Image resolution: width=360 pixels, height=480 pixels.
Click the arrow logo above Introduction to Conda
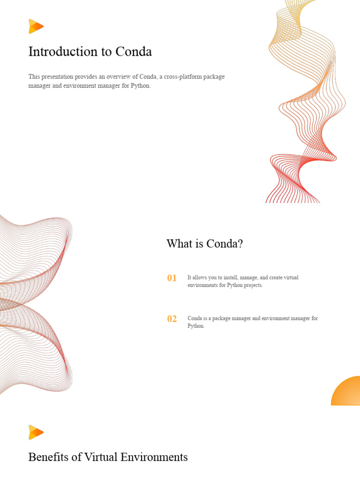pos(36,26)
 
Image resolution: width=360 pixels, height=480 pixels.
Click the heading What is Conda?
pos(204,244)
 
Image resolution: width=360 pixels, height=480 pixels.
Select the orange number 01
pos(172,278)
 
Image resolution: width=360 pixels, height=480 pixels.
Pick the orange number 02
pos(172,319)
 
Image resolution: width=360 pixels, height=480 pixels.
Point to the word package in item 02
pos(223,318)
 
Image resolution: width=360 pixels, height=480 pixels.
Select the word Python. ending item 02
pos(196,326)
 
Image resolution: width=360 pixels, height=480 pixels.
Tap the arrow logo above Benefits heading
pos(36,432)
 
